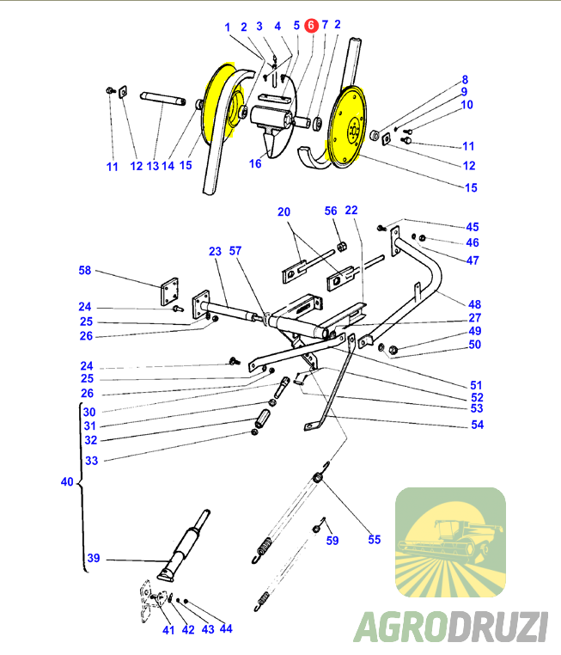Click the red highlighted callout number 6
pyautogui.click(x=311, y=26)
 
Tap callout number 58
pyautogui.click(x=84, y=270)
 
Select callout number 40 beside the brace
pyautogui.click(x=67, y=482)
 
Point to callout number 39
pyautogui.click(x=93, y=558)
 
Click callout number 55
pyautogui.click(x=374, y=539)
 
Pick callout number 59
pyautogui.click(x=332, y=540)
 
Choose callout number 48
pyautogui.click(x=475, y=304)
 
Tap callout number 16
pyautogui.click(x=255, y=163)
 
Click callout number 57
pyautogui.click(x=235, y=251)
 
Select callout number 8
pyautogui.click(x=464, y=79)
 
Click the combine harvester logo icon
pyautogui.click(x=450, y=542)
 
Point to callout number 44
pyautogui.click(x=226, y=628)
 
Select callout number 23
pyautogui.click(x=215, y=251)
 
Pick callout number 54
pyautogui.click(x=477, y=425)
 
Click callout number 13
pyautogui.click(x=153, y=166)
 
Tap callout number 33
pyautogui.click(x=91, y=460)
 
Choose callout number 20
pyautogui.click(x=284, y=211)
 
